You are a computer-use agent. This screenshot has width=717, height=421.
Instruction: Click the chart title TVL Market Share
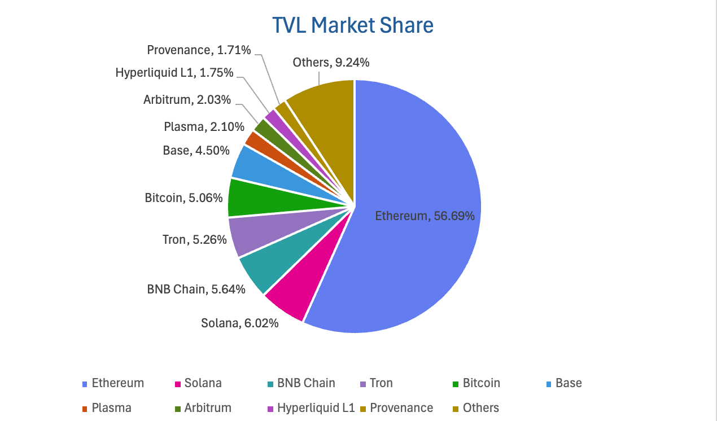pos(353,25)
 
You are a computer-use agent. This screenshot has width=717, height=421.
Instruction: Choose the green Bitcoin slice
pos(248,198)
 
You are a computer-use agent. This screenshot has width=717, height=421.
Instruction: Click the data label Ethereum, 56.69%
pos(425,216)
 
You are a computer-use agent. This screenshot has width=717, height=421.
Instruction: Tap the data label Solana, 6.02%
pos(239,323)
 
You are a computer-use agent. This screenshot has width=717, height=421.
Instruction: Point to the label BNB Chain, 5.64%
pos(196,290)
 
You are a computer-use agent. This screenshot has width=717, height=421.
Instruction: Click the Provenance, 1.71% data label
pos(199,50)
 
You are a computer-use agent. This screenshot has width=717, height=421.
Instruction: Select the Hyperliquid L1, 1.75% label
pos(174,73)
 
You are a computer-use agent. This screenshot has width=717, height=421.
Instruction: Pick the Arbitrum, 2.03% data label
pos(187,100)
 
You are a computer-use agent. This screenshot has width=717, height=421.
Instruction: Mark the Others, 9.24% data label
pos(331,63)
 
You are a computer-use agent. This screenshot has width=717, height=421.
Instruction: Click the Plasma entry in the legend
pos(111,408)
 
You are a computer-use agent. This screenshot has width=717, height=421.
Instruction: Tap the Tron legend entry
pos(381,383)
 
